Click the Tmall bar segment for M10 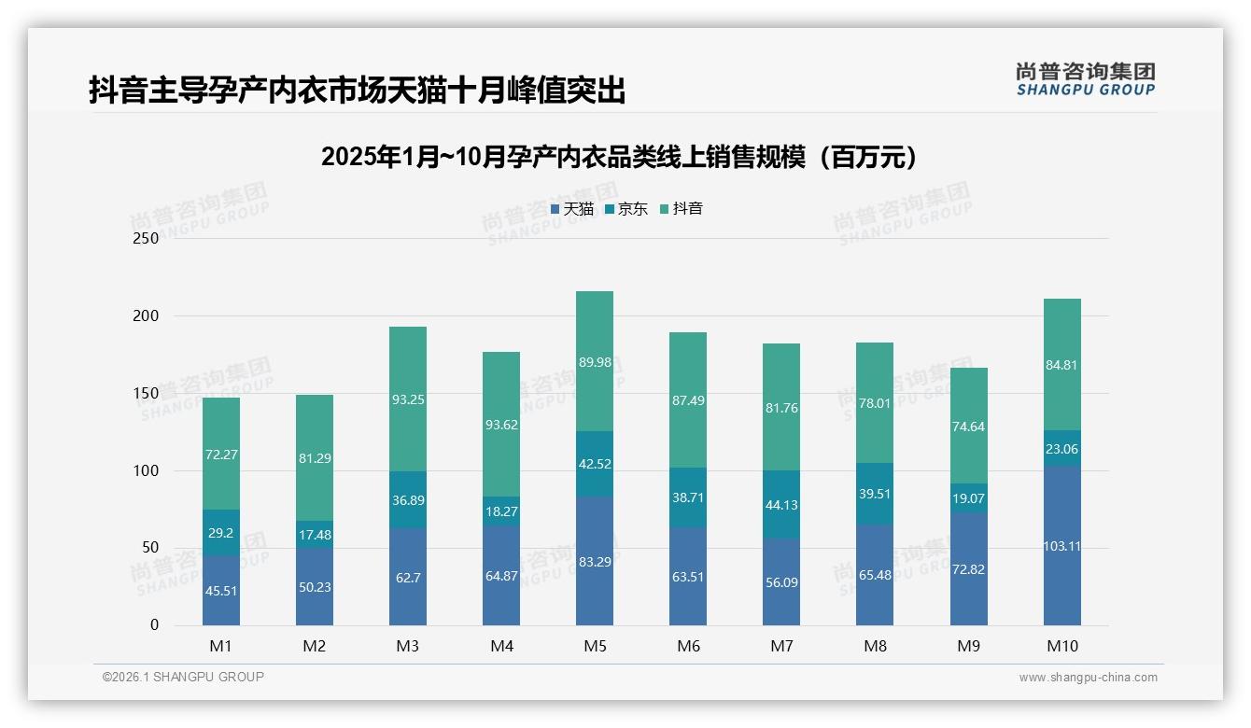[x=1061, y=546]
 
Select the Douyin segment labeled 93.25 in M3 [x=408, y=399]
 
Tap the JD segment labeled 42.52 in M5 [x=595, y=464]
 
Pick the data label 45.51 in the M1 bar [x=221, y=590]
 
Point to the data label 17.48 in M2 [x=315, y=535]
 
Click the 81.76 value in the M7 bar [x=781, y=408]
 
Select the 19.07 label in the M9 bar [x=968, y=498]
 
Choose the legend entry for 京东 [x=625, y=209]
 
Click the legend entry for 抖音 [x=681, y=209]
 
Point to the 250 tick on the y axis [x=147, y=238]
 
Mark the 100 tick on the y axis [x=147, y=470]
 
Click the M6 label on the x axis [x=688, y=646]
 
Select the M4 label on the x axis [x=501, y=646]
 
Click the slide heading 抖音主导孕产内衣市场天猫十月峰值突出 [x=357, y=91]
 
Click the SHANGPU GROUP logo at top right [x=1085, y=79]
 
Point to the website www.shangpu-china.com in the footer [x=1088, y=678]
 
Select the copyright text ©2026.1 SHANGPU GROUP [x=183, y=677]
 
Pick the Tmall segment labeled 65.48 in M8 [x=875, y=575]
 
